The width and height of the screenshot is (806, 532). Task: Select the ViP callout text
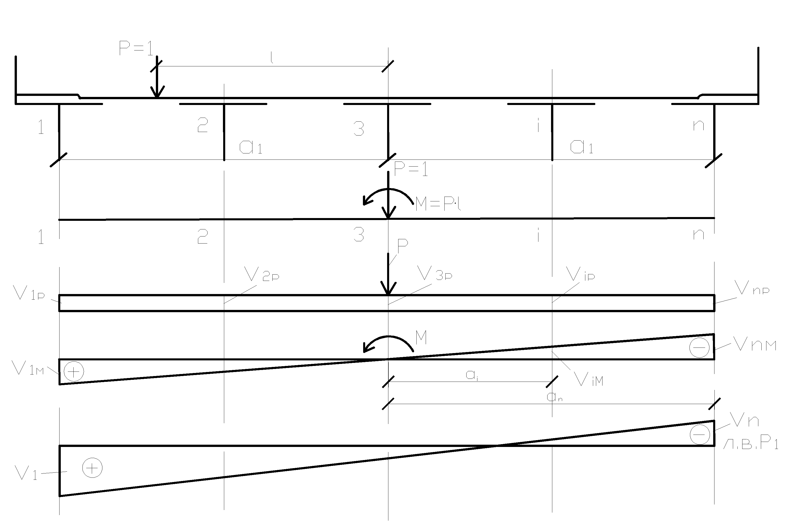[580, 275]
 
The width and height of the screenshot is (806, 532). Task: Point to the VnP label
[751, 289]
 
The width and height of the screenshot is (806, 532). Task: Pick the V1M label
[27, 368]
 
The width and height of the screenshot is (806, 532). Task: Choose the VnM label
[754, 345]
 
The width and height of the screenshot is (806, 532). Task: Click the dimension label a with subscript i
[472, 375]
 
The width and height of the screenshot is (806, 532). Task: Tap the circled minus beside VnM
[699, 348]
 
